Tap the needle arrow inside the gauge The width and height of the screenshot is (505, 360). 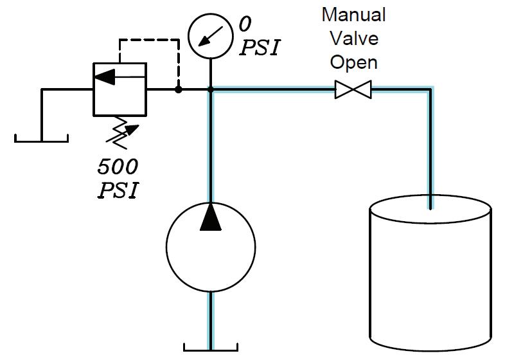click(x=210, y=36)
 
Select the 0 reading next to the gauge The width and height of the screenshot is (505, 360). click(x=245, y=24)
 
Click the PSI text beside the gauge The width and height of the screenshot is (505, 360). click(x=260, y=48)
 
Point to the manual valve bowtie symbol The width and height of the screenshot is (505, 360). click(x=353, y=89)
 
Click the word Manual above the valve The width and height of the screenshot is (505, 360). click(x=353, y=15)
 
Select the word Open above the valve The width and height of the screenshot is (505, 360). click(x=353, y=62)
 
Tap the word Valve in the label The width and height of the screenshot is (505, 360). click(x=354, y=39)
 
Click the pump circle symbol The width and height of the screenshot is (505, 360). click(x=167, y=248)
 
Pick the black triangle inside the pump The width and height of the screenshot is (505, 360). click(x=211, y=217)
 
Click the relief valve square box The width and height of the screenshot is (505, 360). click(x=93, y=89)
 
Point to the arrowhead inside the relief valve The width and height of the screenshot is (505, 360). click(x=105, y=76)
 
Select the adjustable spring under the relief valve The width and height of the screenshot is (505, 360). click(x=121, y=133)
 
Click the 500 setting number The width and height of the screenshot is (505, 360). click(x=118, y=167)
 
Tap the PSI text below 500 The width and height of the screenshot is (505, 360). click(x=118, y=190)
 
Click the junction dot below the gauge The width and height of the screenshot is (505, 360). click(x=211, y=89)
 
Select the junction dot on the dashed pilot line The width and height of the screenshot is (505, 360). click(x=178, y=89)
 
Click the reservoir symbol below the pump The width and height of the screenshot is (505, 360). click(x=211, y=350)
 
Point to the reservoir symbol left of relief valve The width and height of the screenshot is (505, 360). click(x=42, y=141)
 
